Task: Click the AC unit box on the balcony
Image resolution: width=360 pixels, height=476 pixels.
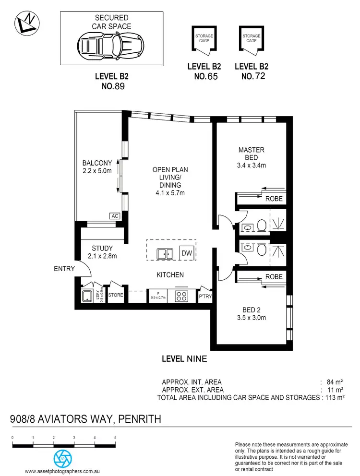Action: click(x=115, y=216)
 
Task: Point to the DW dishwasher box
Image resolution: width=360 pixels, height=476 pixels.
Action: click(x=186, y=252)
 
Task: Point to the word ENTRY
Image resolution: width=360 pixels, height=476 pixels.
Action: click(x=64, y=269)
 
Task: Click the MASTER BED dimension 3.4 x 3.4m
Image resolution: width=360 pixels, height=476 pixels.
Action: click(x=252, y=166)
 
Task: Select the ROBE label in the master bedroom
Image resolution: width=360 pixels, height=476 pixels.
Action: click(x=274, y=199)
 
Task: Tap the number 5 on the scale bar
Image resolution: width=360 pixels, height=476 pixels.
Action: click(x=115, y=438)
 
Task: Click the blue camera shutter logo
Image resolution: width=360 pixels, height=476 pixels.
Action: click(x=61, y=458)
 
